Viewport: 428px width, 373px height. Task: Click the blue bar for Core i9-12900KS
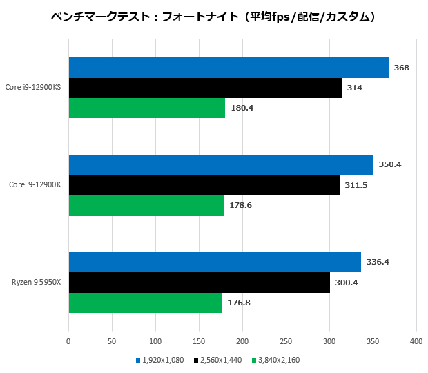[228, 68]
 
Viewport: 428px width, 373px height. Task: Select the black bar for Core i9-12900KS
[205, 88]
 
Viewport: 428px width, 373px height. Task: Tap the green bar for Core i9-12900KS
[147, 108]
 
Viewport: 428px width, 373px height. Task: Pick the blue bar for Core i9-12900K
[221, 165]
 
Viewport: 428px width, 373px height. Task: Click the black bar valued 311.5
[204, 185]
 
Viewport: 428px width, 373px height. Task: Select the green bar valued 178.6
[146, 205]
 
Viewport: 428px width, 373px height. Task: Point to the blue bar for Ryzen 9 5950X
[215, 262]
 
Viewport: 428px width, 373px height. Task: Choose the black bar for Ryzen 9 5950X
[200, 283]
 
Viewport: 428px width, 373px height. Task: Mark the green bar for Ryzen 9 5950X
[146, 303]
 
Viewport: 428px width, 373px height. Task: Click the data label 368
[401, 68]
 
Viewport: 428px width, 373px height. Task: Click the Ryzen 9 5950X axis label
[37, 283]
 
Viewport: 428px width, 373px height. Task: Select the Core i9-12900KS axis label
[32, 88]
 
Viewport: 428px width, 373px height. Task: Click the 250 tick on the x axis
[286, 341]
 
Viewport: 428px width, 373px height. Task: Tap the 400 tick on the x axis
[416, 341]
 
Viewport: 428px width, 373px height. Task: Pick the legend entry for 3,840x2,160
[277, 360]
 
